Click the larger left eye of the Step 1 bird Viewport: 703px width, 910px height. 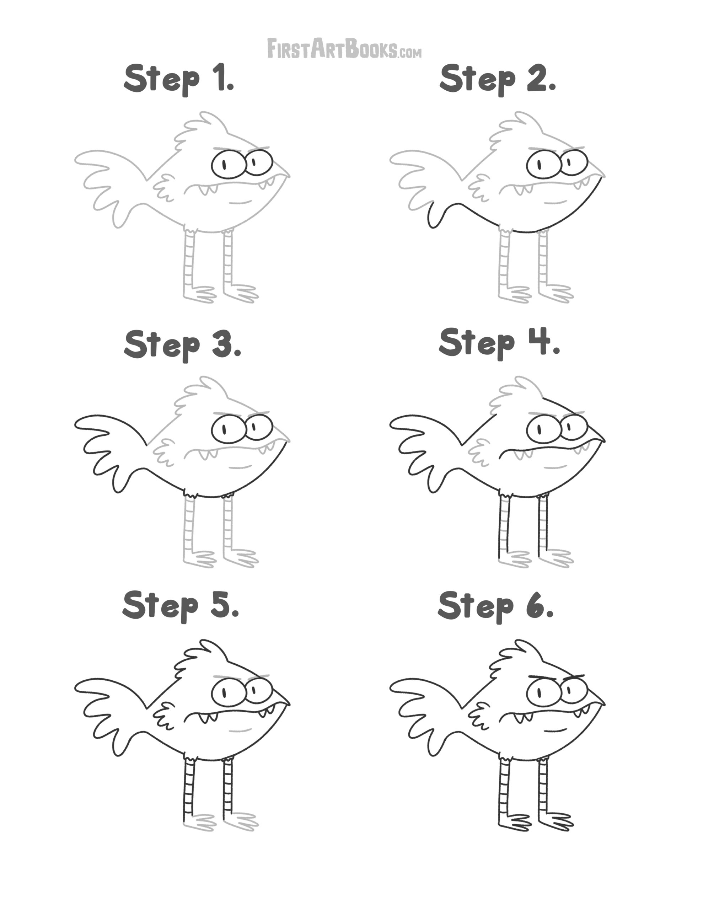click(227, 165)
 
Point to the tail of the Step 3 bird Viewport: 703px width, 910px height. click(111, 452)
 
